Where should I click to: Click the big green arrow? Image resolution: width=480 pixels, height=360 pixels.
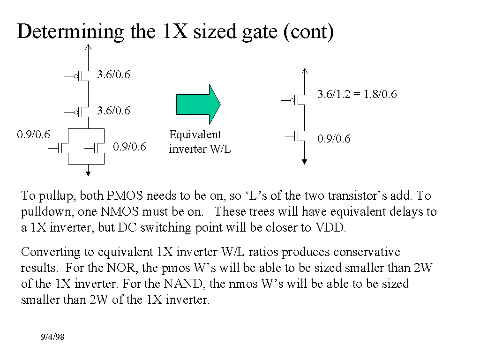pyautogui.click(x=197, y=104)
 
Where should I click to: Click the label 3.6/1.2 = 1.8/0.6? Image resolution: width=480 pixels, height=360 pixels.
pyautogui.click(x=357, y=94)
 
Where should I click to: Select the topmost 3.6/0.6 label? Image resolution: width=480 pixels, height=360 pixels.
pyautogui.click(x=113, y=74)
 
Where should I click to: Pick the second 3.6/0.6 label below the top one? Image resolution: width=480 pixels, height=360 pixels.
pyautogui.click(x=113, y=111)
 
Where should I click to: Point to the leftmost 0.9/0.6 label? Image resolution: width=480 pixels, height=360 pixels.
pyautogui.click(x=33, y=135)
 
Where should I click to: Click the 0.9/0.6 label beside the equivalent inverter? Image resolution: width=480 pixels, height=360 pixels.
pyautogui.click(x=334, y=139)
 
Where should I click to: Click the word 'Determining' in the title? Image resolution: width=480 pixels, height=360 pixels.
pyautogui.click(x=70, y=31)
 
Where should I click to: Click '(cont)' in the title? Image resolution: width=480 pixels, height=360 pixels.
pyautogui.click(x=308, y=31)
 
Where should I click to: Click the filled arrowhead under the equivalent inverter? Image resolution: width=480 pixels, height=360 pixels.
pyautogui.click(x=305, y=162)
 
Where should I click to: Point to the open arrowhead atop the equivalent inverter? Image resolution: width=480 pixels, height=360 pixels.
pyautogui.click(x=305, y=71)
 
